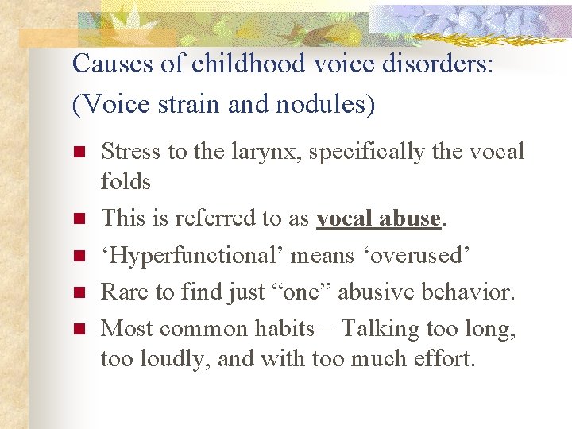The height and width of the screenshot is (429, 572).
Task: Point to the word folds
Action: [126, 182]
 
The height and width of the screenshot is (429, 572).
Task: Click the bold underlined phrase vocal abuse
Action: [378, 218]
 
